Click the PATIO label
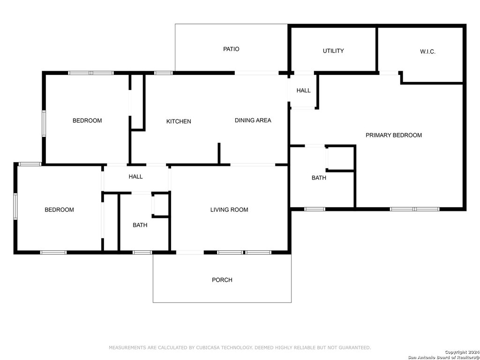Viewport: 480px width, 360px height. pos(231,49)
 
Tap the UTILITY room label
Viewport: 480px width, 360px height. pos(333,51)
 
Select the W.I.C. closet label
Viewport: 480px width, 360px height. pos(427,52)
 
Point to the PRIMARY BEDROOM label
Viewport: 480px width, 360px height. pos(394,135)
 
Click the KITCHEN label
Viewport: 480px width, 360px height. pos(179,121)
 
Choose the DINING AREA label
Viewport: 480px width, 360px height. pos(253,120)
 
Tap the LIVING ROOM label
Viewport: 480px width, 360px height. pos(229,210)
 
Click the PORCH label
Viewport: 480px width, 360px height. pos(222,280)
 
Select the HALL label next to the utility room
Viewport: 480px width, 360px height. pos(303,90)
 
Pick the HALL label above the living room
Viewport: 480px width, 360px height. pos(135,177)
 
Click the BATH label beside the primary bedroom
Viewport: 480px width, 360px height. pos(319,178)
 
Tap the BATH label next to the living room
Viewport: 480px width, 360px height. pos(140,225)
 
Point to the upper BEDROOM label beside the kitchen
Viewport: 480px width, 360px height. pos(87,120)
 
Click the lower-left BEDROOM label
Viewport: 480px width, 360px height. pos(59,210)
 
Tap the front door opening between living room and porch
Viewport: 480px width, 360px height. pos(190,253)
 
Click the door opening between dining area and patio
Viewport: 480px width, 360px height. pos(256,73)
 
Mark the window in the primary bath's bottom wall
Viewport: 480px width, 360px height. pos(315,209)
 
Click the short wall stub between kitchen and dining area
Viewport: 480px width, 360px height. pos(219,153)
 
